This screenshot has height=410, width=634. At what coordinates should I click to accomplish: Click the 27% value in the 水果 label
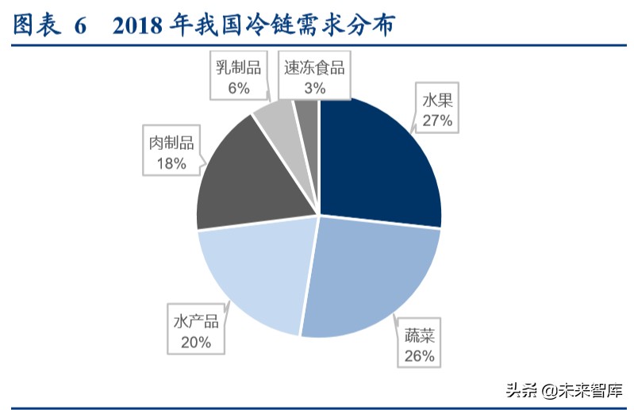coord(436,121)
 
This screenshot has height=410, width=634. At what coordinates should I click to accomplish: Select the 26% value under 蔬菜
coord(419,356)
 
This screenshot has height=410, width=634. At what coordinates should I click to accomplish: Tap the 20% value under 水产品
coord(195,343)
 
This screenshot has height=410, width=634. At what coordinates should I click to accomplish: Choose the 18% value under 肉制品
coord(171,163)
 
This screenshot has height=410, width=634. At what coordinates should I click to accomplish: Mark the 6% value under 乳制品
coord(238,88)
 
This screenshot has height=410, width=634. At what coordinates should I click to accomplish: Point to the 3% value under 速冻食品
coord(314,88)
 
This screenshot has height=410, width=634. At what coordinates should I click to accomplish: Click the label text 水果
coord(436,101)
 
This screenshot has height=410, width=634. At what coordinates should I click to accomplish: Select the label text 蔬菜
coord(419,336)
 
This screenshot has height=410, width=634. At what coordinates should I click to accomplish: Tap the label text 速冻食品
coord(314,68)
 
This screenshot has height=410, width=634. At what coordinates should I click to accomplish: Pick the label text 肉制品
coord(171,143)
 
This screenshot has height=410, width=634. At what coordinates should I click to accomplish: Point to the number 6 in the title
coord(79,26)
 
